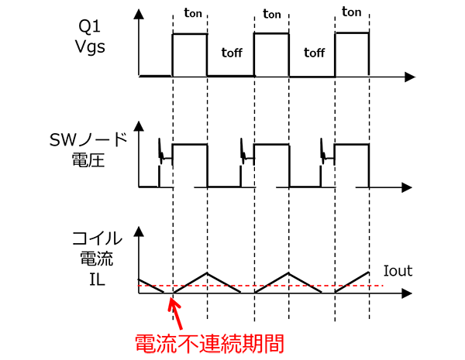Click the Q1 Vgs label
pyautogui.click(x=91, y=37)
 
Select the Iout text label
pyautogui.click(x=398, y=271)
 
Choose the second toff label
pyautogui.click(x=312, y=53)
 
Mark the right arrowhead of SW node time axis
pyautogui.click(x=408, y=187)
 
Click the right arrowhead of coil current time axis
pyautogui.click(x=408, y=294)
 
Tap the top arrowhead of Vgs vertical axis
pyautogui.click(x=139, y=14)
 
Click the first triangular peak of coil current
pyautogui.click(x=207, y=273)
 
